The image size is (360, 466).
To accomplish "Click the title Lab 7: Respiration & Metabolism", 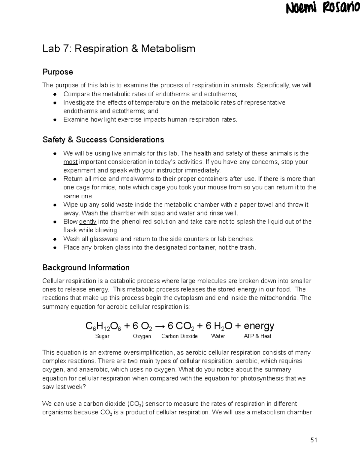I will coord(119,49).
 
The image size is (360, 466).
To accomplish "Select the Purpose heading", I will coord(58,72).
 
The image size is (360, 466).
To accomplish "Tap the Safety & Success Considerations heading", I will coord(103,140).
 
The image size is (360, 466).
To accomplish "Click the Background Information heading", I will coord(86,268).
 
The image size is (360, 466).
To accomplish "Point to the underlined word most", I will coord(70,162).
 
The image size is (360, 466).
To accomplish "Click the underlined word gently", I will coord(88,222).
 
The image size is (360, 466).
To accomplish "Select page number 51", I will coord(314,440).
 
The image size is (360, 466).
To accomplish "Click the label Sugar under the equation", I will coord(102,336).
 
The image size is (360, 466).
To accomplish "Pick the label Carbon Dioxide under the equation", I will coord(179,336).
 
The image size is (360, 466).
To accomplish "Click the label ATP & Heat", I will coord(257,336).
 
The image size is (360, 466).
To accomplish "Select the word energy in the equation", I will coord(259,326).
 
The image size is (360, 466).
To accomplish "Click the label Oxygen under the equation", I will coord(142,336).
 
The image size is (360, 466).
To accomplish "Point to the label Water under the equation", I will coord(218,336).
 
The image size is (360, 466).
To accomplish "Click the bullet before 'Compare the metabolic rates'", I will coord(55,94).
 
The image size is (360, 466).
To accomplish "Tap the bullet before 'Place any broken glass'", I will coord(55,248).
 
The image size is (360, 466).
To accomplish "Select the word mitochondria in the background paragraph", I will coord(278,298).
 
